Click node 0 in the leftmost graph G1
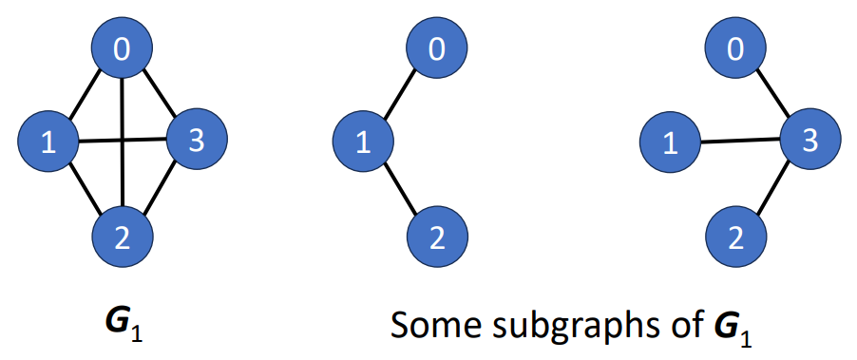[x=123, y=48]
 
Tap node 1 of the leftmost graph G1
[x=48, y=143]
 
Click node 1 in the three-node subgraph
[x=362, y=143]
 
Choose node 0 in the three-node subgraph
[x=436, y=48]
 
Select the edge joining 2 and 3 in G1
[x=161, y=189]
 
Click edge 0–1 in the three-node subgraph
[x=399, y=96]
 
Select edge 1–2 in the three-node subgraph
[x=399, y=190]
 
